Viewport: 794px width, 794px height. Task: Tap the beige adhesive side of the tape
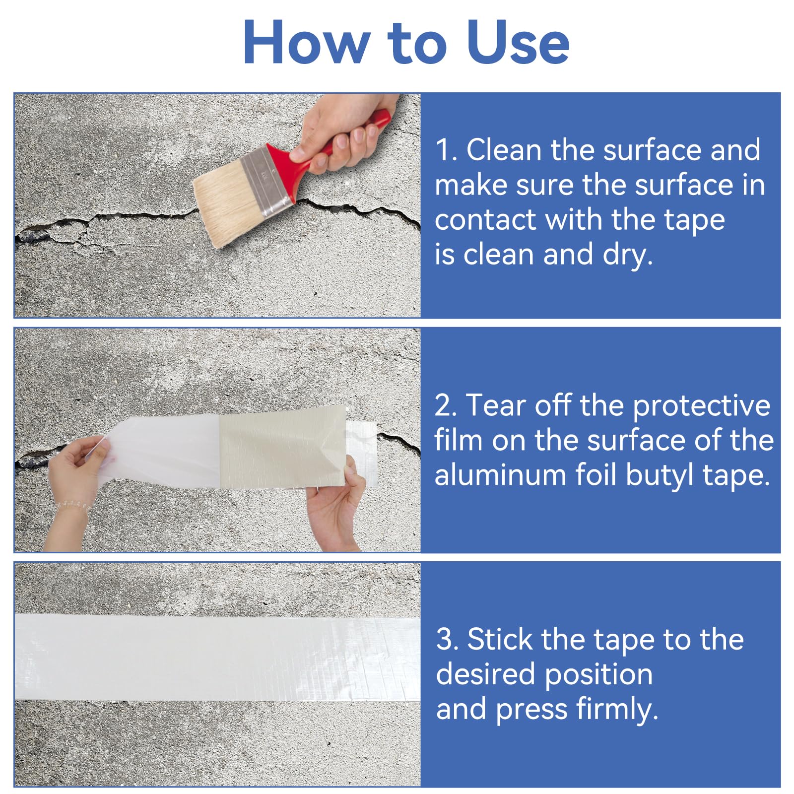point(282,447)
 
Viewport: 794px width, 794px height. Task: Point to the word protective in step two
point(702,406)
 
